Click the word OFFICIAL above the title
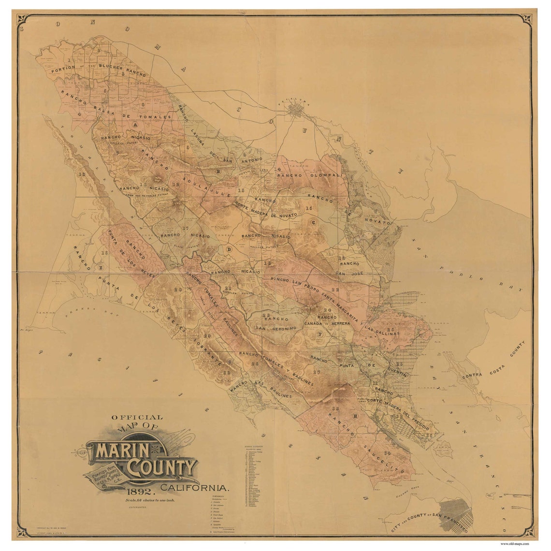tap(137, 417)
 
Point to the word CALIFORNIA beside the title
tap(195, 487)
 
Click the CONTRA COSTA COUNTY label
tap(493, 360)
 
